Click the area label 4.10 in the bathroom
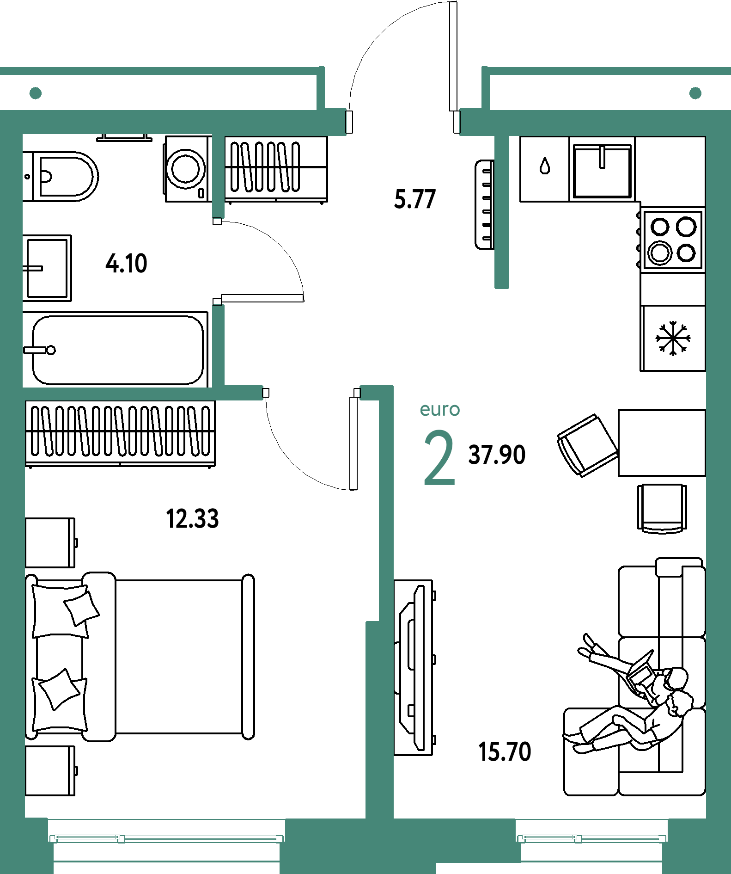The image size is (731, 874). tap(126, 264)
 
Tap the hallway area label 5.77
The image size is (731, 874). tap(414, 199)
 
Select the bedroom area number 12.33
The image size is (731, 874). tap(192, 518)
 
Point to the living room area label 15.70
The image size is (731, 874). tap(505, 751)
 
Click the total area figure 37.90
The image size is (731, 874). tap(497, 455)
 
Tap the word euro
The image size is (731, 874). tap(439, 410)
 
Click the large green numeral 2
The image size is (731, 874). tap(439, 457)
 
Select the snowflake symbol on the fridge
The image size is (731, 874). tap(673, 339)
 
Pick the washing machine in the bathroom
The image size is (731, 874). tap(187, 169)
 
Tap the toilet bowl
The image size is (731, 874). tap(61, 176)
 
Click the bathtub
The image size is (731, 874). tap(116, 350)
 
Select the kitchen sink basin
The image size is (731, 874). tap(602, 171)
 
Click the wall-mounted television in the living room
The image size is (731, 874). tap(414, 667)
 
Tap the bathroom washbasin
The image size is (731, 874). tap(47, 268)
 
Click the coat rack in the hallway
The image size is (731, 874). tap(485, 204)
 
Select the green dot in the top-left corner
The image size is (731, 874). tap(36, 93)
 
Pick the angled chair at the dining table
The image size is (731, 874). tap(587, 445)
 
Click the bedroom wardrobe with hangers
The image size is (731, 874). tap(121, 434)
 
